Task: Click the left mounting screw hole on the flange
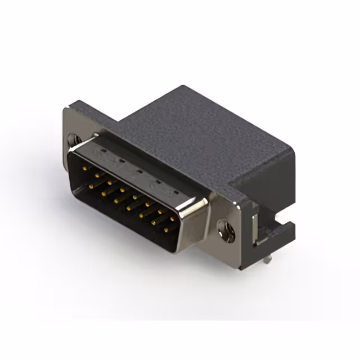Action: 73,139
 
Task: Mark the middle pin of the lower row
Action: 128,208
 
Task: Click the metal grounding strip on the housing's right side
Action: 256,225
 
